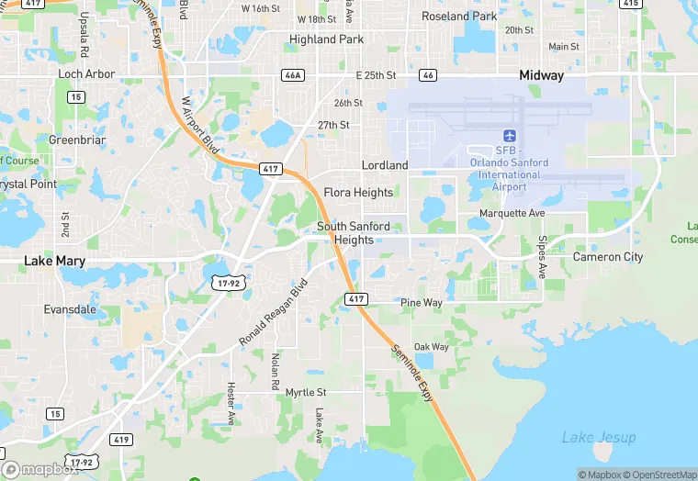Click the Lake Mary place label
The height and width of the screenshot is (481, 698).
point(54,262)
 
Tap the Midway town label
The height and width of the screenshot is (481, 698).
point(541,75)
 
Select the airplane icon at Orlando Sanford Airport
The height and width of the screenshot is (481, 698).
point(510,135)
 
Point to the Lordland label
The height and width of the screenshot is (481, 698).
point(385,165)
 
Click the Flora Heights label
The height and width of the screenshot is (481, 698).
point(358,193)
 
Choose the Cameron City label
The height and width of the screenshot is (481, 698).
point(608,257)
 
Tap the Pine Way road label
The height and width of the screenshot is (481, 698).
point(422,302)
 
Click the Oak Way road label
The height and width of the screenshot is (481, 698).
point(432,347)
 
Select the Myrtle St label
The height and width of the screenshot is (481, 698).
point(306,392)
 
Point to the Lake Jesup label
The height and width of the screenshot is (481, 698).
point(599,437)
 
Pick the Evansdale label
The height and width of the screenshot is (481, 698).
point(70,309)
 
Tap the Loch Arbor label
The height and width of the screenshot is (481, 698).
point(86,73)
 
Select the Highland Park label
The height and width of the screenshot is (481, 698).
point(326,39)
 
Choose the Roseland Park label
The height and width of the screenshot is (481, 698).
point(459,17)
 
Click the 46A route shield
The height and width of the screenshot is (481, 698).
point(293,75)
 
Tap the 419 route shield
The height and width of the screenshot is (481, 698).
point(121,440)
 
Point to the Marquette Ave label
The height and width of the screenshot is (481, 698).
point(512,213)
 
